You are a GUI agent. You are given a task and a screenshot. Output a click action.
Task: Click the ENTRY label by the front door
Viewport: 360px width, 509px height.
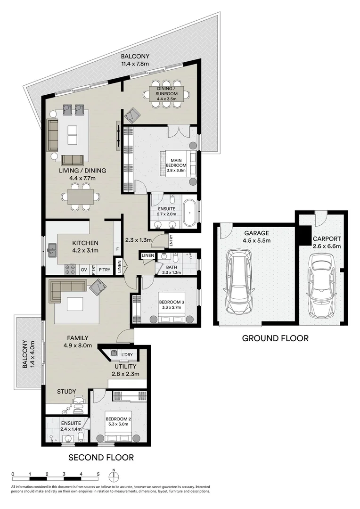pos(171,240)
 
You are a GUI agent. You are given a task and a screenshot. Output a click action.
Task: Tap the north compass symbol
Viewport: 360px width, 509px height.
pos(114,475)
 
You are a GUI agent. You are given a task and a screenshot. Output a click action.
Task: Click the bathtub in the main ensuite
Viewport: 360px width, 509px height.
pos(188,211)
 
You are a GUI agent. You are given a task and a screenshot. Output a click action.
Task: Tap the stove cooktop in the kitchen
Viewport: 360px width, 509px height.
pos(71,270)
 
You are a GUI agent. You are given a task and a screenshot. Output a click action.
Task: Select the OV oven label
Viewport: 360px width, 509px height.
pos(84,270)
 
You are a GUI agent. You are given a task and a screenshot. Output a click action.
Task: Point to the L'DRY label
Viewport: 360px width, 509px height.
pos(127,355)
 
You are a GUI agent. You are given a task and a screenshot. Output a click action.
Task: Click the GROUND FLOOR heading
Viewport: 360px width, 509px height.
pos(275,338)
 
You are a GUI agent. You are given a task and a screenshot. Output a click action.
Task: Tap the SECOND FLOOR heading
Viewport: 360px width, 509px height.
pos(101,457)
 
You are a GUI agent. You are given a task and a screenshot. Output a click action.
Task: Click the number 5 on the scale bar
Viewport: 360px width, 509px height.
pos(98,474)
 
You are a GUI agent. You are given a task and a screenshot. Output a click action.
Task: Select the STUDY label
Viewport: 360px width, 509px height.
pos(66,392)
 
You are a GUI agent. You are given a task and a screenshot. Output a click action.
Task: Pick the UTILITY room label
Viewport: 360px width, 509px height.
pos(125,367)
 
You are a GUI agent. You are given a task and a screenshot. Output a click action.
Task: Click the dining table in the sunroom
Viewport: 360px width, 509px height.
pos(166,94)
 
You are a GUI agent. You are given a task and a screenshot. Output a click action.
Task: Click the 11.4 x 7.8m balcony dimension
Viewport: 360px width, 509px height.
pos(135,64)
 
